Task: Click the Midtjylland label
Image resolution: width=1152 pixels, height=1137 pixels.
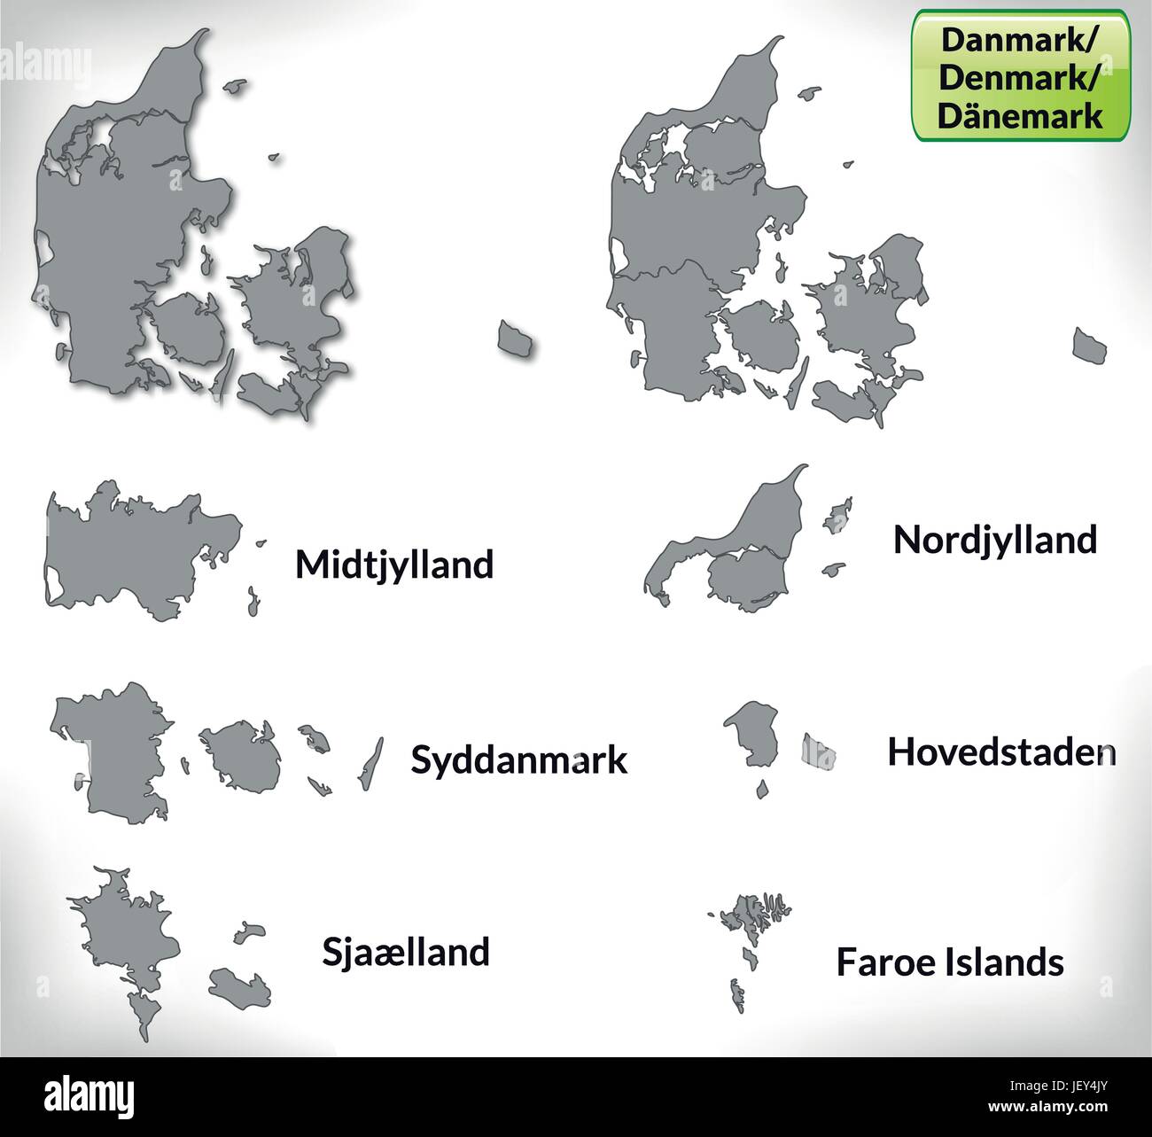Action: (x=393, y=565)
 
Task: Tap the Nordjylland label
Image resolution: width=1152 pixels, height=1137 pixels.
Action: (x=994, y=539)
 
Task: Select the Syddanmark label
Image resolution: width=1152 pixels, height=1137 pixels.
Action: (x=519, y=759)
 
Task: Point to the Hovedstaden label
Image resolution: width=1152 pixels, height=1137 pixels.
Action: (x=1001, y=752)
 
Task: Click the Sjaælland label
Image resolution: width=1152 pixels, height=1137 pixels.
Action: (x=404, y=952)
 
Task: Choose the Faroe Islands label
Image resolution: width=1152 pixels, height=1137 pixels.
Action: (x=950, y=962)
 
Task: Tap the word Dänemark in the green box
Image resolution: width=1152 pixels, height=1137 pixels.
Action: (x=1021, y=115)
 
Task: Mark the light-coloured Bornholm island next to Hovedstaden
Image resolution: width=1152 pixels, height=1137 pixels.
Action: (x=818, y=752)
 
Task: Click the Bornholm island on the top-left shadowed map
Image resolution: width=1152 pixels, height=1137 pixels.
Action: (x=514, y=338)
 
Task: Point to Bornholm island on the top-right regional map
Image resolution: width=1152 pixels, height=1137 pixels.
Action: (x=1089, y=344)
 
